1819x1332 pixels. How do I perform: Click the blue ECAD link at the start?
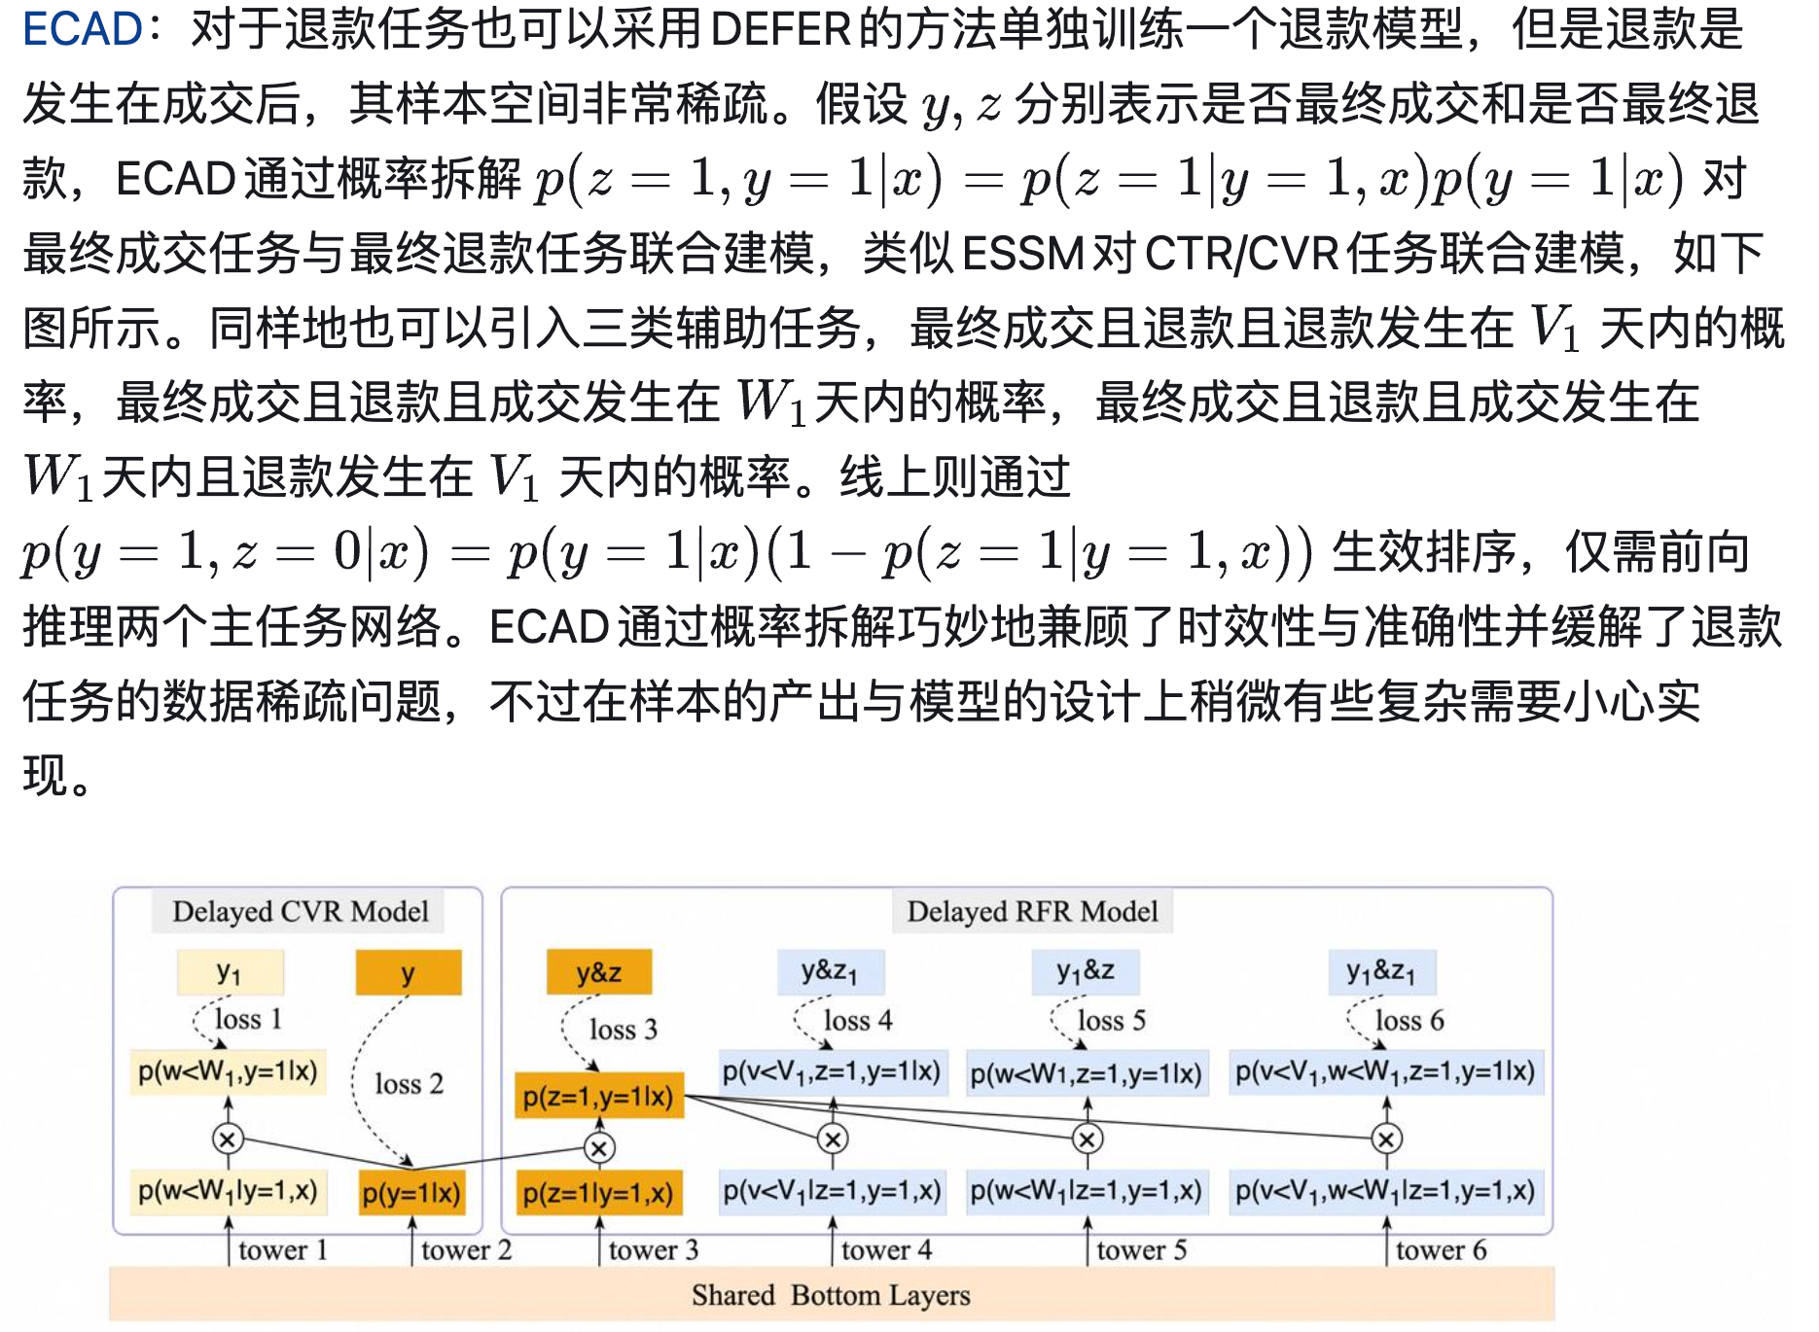click(83, 29)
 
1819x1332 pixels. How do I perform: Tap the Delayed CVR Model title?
click(300, 911)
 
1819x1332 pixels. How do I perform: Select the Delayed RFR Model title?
click(1032, 911)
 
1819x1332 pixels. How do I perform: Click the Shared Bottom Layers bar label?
click(831, 1295)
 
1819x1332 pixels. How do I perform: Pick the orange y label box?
click(409, 972)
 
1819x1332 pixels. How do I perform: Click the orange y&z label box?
click(598, 972)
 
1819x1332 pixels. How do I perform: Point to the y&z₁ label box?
click(830, 971)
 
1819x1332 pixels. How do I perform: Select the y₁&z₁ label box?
click(1381, 971)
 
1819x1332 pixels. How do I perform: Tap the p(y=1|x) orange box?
click(410, 1193)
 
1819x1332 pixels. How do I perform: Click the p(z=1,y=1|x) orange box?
click(598, 1096)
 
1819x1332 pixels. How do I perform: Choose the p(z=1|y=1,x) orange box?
click(598, 1193)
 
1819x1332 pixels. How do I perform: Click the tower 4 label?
click(886, 1250)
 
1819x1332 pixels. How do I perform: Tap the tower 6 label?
click(1441, 1250)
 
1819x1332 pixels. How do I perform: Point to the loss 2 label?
click(409, 1083)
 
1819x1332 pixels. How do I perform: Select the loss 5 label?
click(1111, 1020)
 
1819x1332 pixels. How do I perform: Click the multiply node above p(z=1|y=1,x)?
click(599, 1148)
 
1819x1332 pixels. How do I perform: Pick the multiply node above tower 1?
click(228, 1139)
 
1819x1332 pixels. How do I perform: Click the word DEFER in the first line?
click(781, 29)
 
